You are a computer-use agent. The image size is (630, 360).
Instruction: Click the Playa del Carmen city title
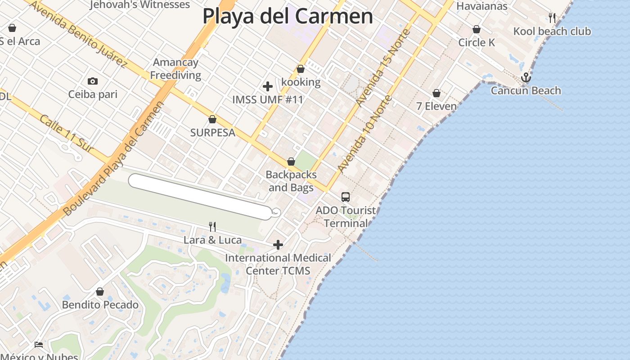tap(288, 17)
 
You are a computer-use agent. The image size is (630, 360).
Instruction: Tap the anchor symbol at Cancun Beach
tap(526, 78)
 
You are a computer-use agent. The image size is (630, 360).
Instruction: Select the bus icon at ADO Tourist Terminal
tap(345, 197)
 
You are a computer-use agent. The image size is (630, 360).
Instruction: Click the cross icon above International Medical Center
tap(278, 245)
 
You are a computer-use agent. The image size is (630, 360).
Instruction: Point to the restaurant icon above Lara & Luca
tap(212, 227)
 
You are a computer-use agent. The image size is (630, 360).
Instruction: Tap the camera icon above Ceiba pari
tap(93, 81)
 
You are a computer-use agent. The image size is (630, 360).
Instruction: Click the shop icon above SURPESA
tap(212, 120)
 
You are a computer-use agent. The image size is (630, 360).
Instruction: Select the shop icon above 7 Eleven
tap(436, 94)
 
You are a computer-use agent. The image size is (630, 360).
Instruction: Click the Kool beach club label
tap(552, 31)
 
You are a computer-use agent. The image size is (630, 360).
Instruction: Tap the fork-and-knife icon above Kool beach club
tap(552, 18)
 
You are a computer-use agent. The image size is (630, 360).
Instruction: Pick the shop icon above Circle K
tap(476, 30)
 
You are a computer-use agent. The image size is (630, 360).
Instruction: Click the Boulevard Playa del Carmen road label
tap(112, 157)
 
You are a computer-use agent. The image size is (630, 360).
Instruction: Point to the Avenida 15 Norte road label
tap(383, 67)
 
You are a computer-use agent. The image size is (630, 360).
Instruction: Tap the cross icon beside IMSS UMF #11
tap(268, 86)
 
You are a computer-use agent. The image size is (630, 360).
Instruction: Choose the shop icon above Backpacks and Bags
tap(291, 162)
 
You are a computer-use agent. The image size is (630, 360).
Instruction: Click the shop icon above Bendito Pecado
tap(100, 292)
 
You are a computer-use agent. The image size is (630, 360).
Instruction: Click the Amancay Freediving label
tap(175, 69)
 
